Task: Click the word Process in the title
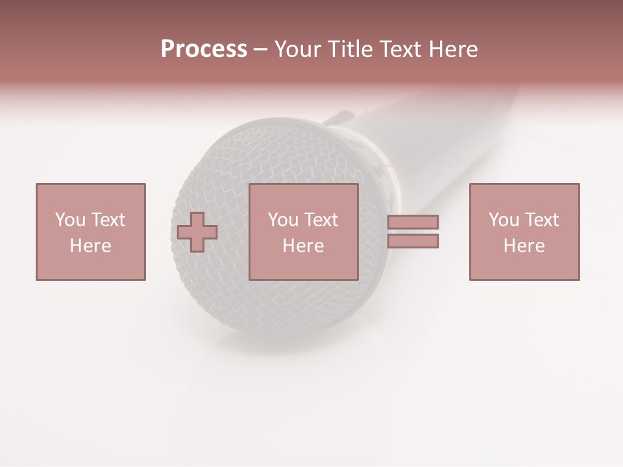click(x=204, y=49)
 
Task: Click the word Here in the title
click(x=454, y=49)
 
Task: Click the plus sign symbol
click(x=197, y=232)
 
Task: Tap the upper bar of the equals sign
click(x=413, y=222)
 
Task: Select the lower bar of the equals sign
click(x=413, y=241)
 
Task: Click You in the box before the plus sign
click(x=70, y=220)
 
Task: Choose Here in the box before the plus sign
click(x=90, y=246)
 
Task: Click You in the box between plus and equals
click(x=283, y=220)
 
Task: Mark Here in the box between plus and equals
click(x=303, y=246)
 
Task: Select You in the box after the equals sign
click(x=504, y=220)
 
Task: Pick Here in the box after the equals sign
click(x=524, y=246)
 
